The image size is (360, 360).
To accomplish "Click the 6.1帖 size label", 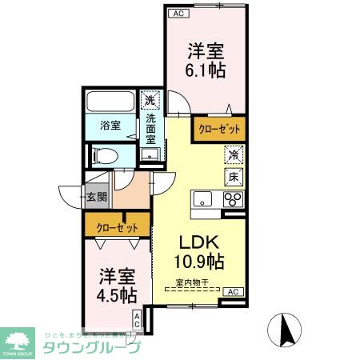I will [206, 70].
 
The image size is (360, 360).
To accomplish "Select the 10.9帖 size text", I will [199, 262].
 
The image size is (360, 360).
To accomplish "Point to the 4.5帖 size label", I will [116, 294].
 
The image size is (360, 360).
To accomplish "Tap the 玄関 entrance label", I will [96, 194].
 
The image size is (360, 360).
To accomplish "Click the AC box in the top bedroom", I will [177, 14].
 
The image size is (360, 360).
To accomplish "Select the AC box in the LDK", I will [232, 292].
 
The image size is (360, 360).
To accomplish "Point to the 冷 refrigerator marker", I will [233, 157].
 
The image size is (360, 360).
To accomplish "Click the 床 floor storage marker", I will [233, 176].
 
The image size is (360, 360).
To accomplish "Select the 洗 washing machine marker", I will [149, 101].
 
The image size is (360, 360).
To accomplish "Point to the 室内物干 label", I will [192, 282].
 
